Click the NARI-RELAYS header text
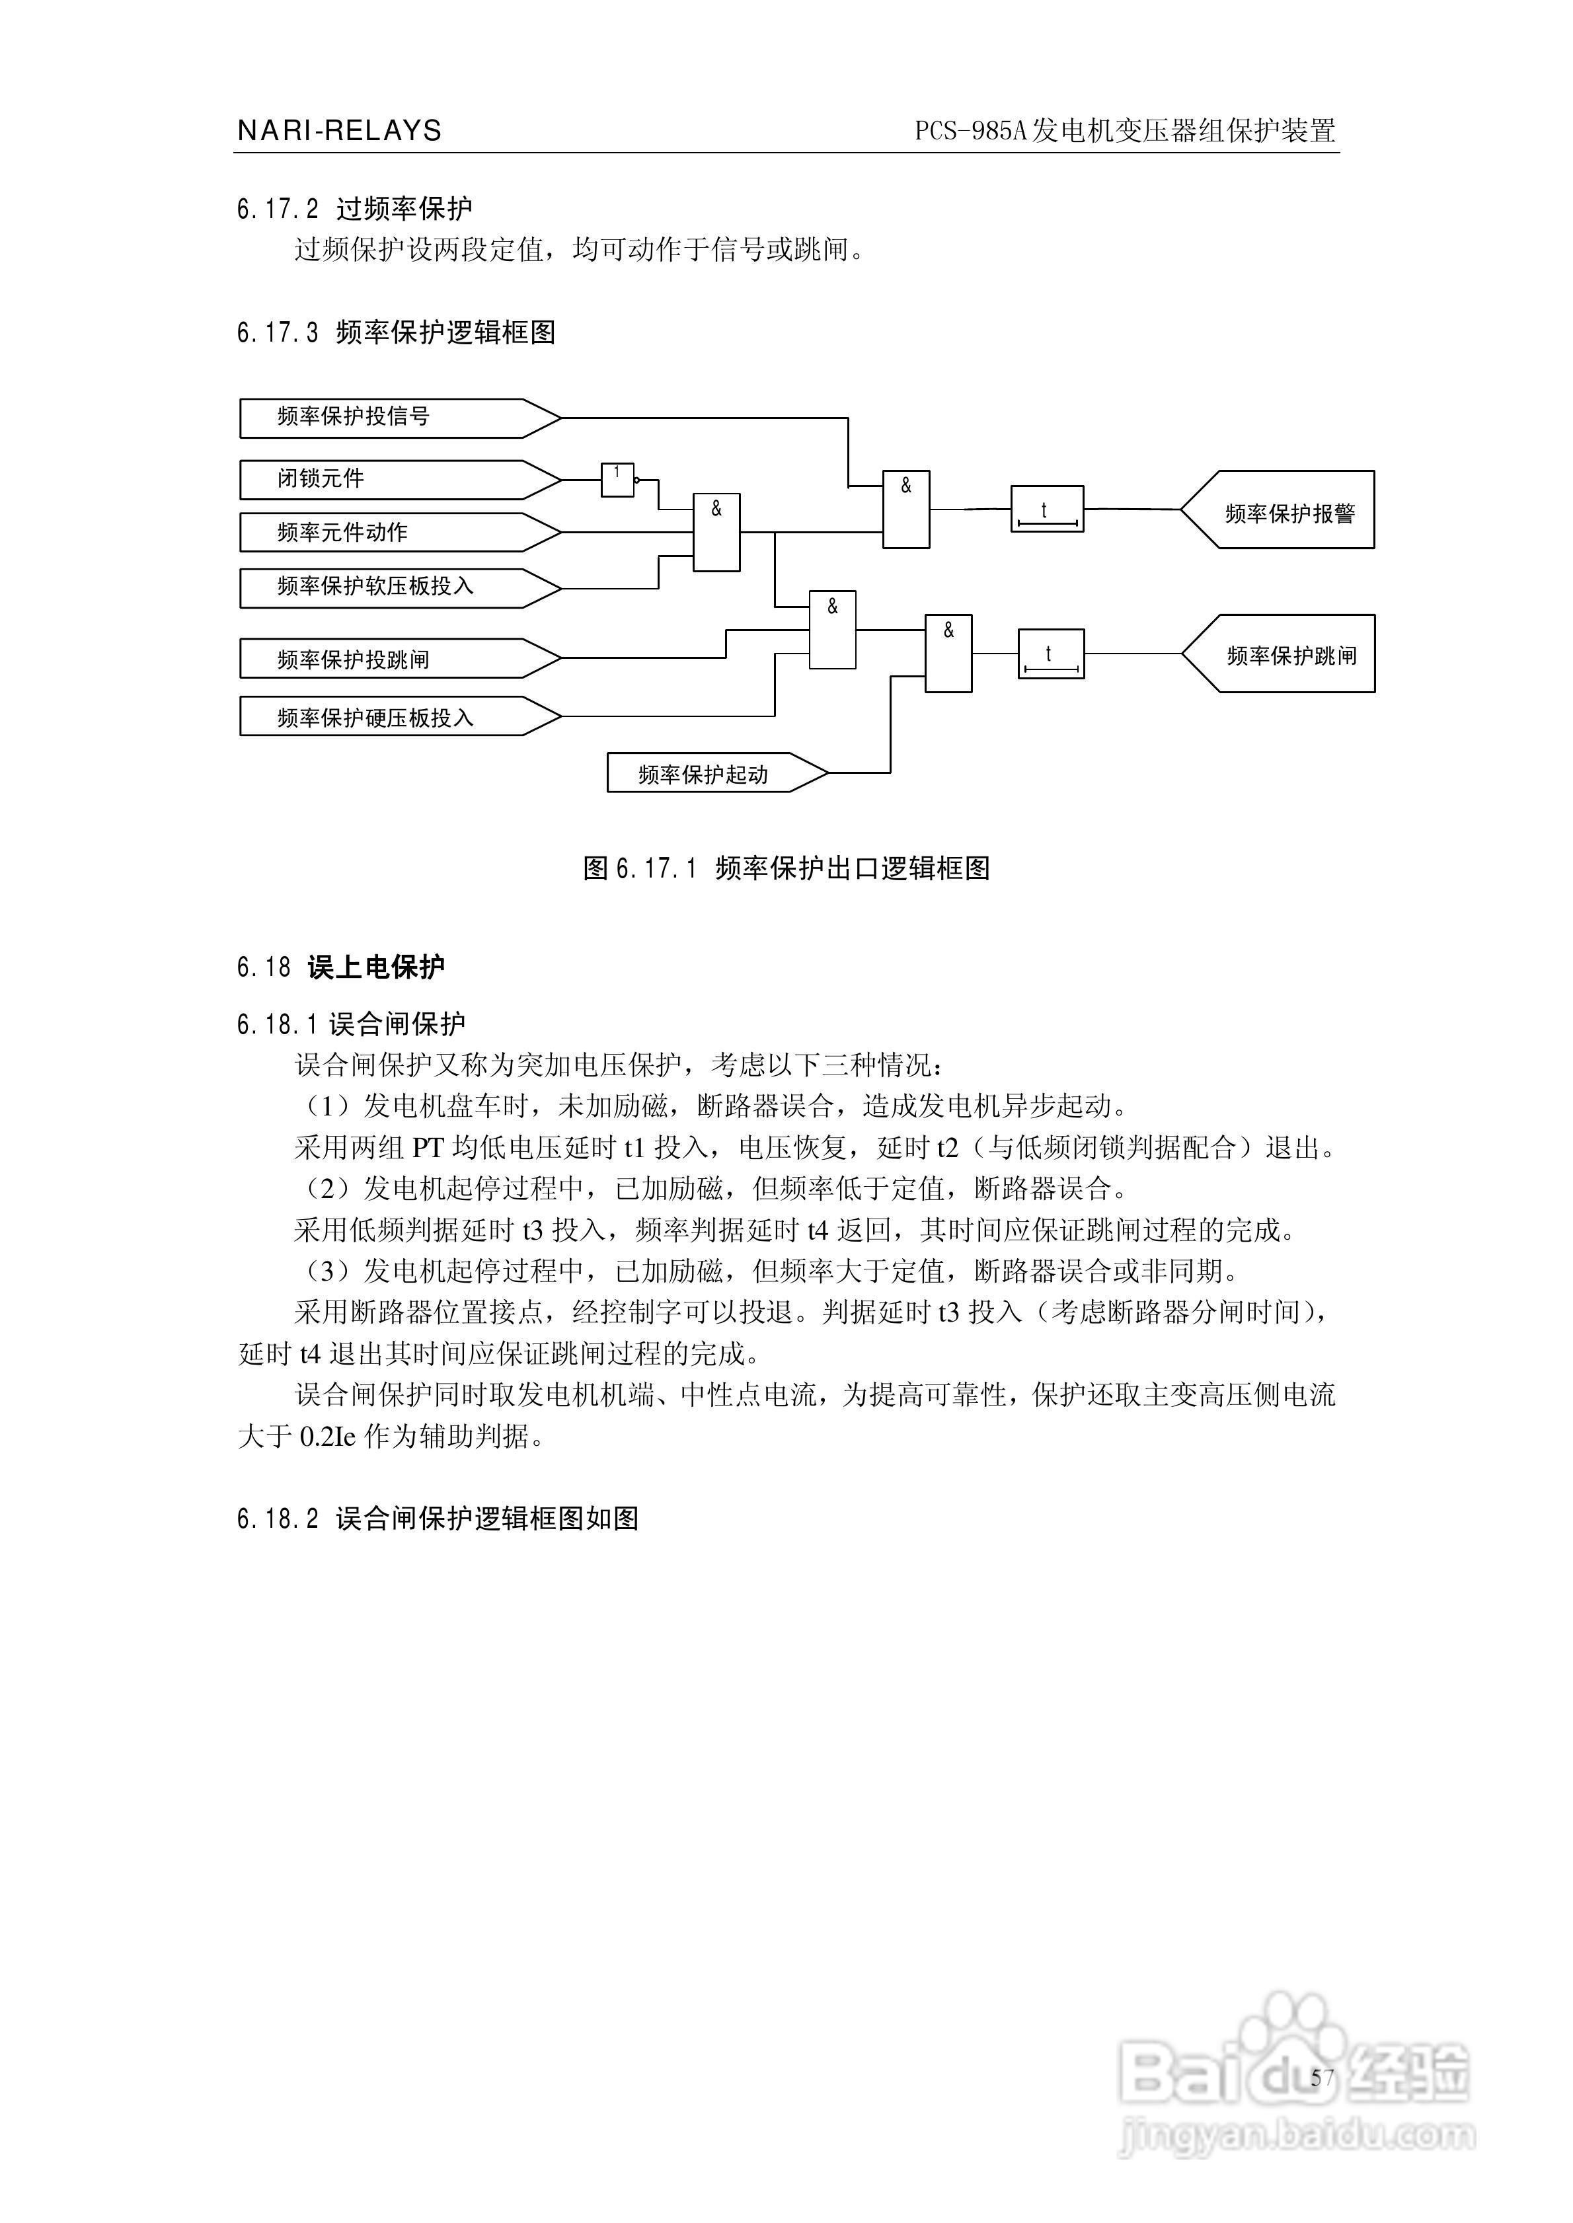[x=339, y=131]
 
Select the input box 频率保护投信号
[x=387, y=417]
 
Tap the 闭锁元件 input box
[x=387, y=479]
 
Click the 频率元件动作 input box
[x=387, y=533]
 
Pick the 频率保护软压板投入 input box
[x=387, y=587]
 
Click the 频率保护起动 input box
[x=707, y=774]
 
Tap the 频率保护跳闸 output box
[x=1288, y=654]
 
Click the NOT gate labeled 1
[x=617, y=479]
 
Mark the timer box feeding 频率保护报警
[x=1047, y=509]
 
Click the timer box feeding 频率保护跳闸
[x=1051, y=654]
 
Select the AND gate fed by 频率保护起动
[x=948, y=654]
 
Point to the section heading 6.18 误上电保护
[x=341, y=967]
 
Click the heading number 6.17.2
[x=277, y=209]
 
